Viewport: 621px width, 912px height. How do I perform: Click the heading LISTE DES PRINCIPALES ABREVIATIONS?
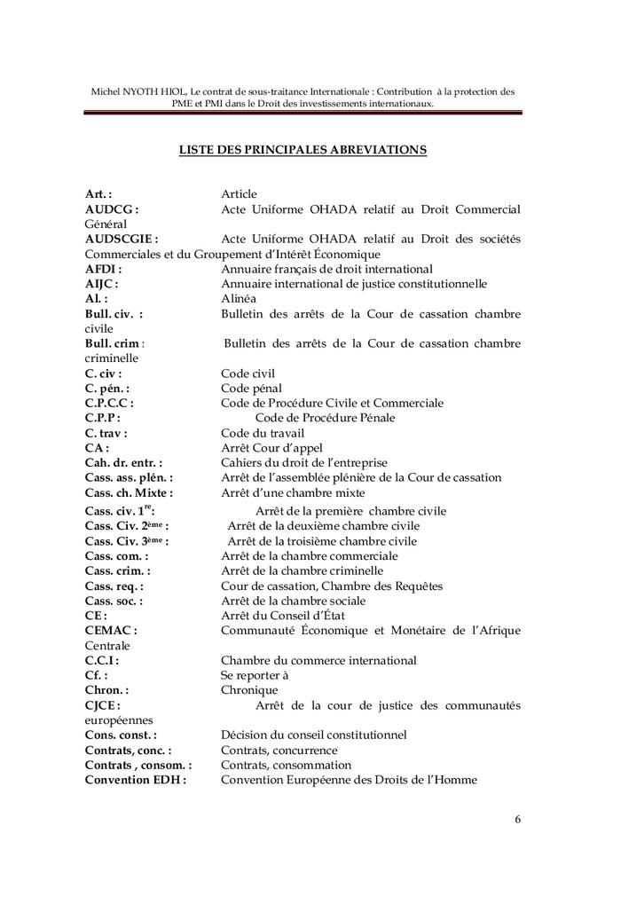[x=303, y=150]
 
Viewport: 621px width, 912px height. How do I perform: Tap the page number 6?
[x=517, y=819]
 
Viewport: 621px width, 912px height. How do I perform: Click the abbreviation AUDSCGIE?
[x=122, y=239]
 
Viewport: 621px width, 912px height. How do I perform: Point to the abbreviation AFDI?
[x=103, y=269]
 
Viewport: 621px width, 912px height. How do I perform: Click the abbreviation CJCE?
[x=102, y=705]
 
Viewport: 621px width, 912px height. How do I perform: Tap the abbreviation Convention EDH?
[x=136, y=781]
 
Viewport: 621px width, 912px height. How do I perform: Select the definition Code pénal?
[x=251, y=388]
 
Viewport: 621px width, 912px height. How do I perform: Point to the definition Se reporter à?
[x=256, y=675]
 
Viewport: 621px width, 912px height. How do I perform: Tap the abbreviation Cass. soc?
[x=114, y=600]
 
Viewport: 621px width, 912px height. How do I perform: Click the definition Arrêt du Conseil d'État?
[x=281, y=615]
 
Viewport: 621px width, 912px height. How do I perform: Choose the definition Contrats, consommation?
[x=286, y=766]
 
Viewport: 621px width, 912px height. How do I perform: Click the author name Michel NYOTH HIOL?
[x=138, y=90]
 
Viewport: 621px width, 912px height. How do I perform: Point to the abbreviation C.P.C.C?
[x=109, y=403]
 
